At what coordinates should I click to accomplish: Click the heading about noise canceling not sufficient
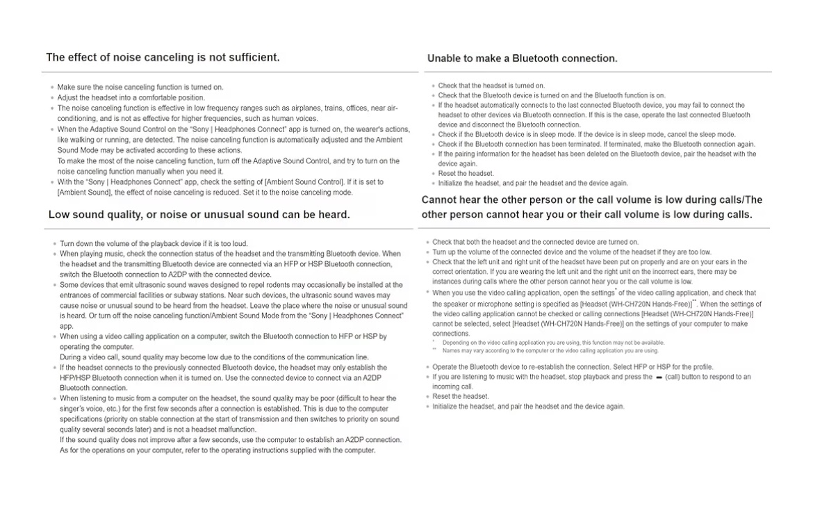[163, 58]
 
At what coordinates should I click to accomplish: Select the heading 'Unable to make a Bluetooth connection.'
[522, 58]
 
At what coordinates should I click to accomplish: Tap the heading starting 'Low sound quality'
[199, 215]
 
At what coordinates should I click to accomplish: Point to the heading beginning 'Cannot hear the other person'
[591, 207]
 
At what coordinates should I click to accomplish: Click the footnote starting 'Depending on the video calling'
[550, 343]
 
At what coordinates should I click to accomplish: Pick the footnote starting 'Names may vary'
[550, 351]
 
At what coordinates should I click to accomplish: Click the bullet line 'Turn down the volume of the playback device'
[154, 244]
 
